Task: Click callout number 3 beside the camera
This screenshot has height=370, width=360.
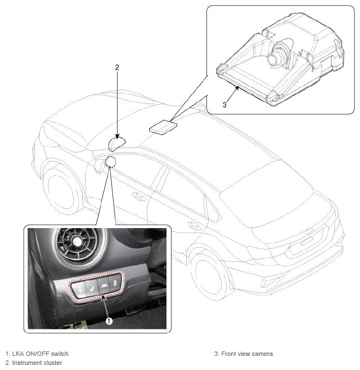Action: click(x=224, y=104)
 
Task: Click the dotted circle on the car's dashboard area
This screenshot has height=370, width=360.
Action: click(x=111, y=163)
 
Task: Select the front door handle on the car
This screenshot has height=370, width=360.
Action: click(x=137, y=197)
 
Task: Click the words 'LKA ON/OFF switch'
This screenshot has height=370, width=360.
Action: click(x=40, y=354)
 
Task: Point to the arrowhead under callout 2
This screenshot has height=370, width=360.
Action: click(x=116, y=136)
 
